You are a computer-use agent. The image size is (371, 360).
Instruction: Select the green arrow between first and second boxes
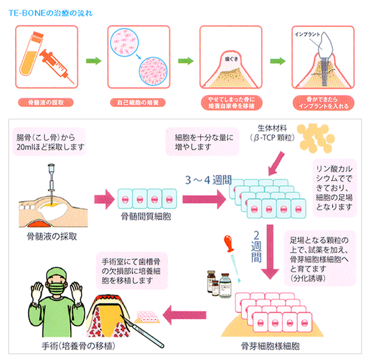click(x=93, y=61)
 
